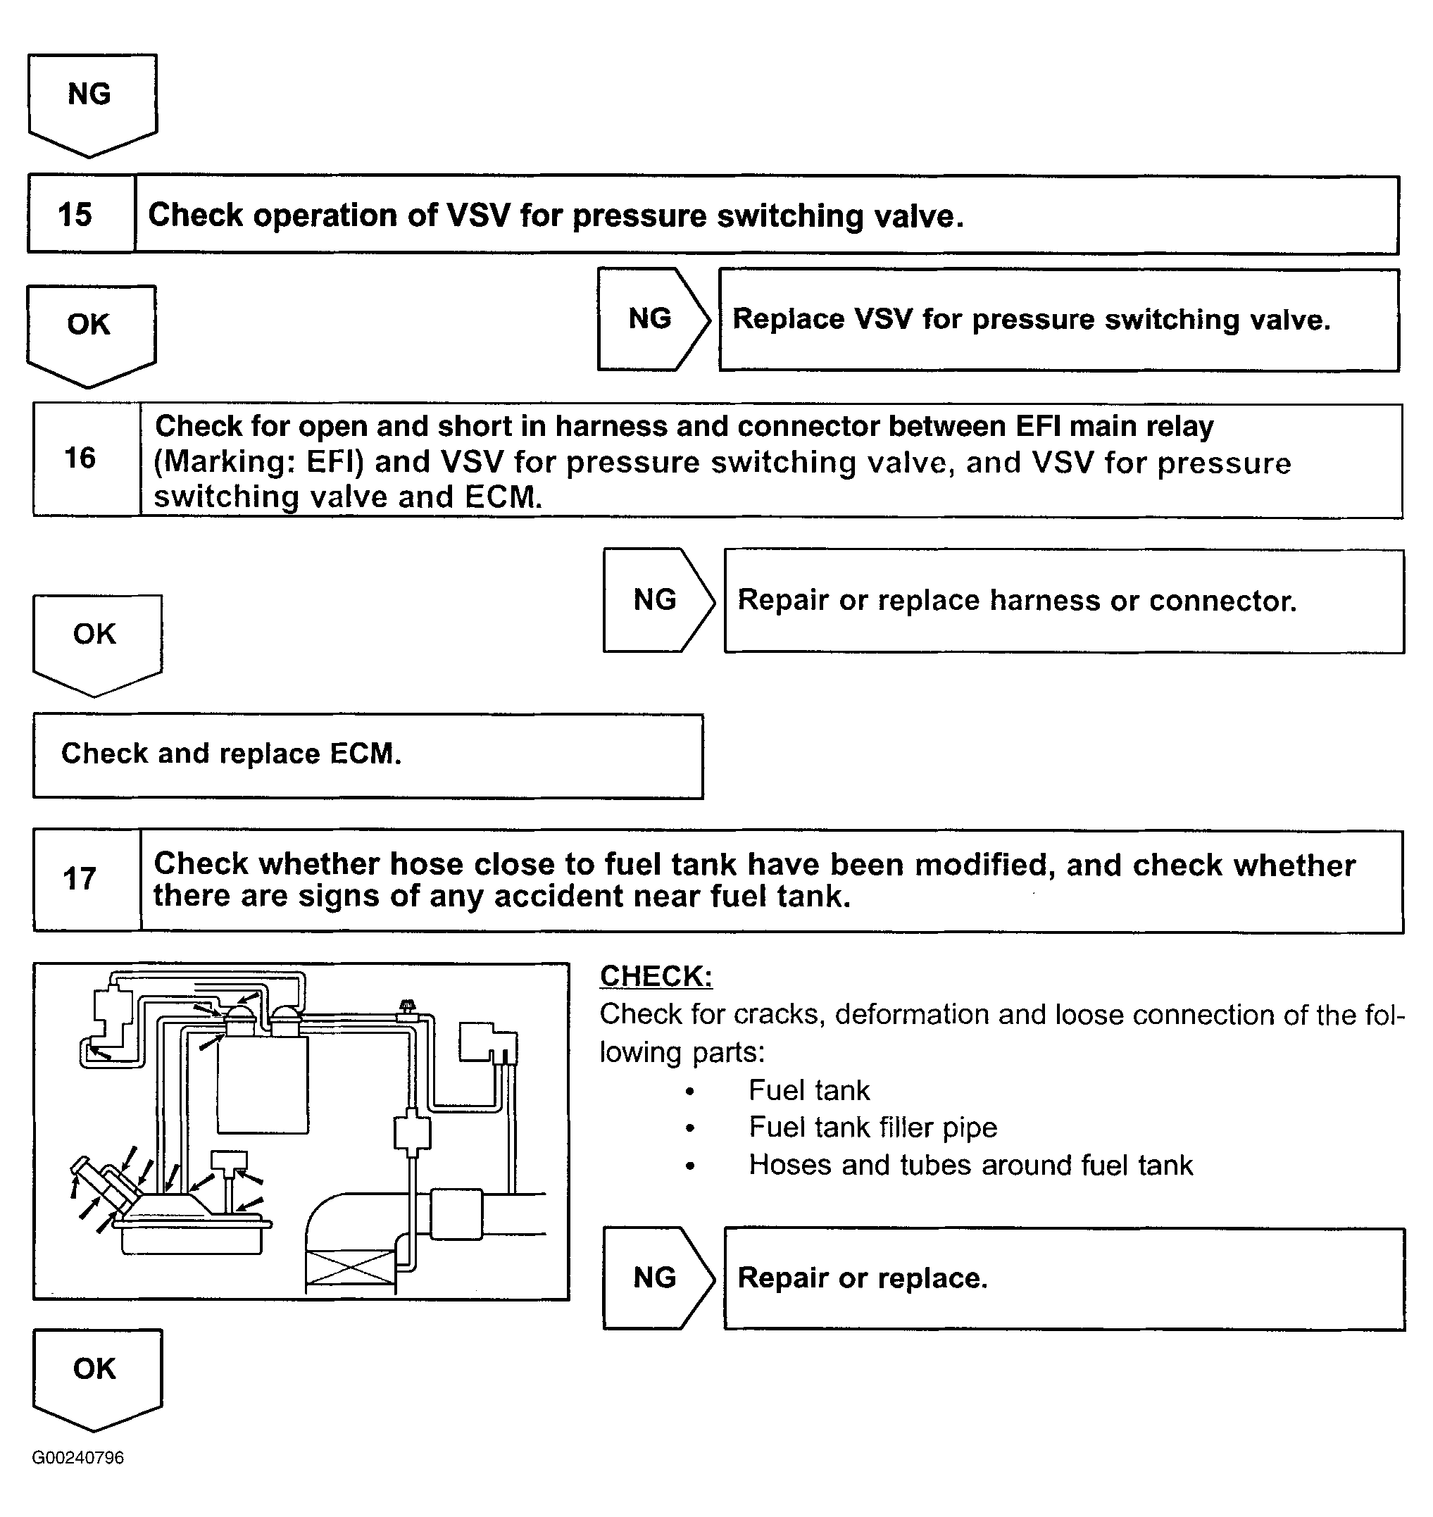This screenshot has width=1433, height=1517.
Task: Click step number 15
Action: click(75, 215)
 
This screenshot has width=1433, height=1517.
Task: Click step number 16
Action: click(80, 458)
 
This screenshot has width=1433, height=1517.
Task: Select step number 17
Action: click(80, 879)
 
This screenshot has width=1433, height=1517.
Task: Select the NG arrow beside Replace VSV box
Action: click(651, 319)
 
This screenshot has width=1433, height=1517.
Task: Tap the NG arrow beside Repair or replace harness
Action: click(656, 600)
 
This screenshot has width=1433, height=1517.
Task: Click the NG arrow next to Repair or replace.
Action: click(656, 1278)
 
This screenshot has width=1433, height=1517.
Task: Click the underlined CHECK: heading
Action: click(656, 976)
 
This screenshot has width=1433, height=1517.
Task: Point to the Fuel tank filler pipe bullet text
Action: click(872, 1128)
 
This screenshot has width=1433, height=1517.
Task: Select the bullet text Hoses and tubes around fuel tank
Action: click(970, 1165)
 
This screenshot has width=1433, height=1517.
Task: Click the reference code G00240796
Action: click(78, 1457)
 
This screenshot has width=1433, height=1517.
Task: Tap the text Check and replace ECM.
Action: click(231, 754)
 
